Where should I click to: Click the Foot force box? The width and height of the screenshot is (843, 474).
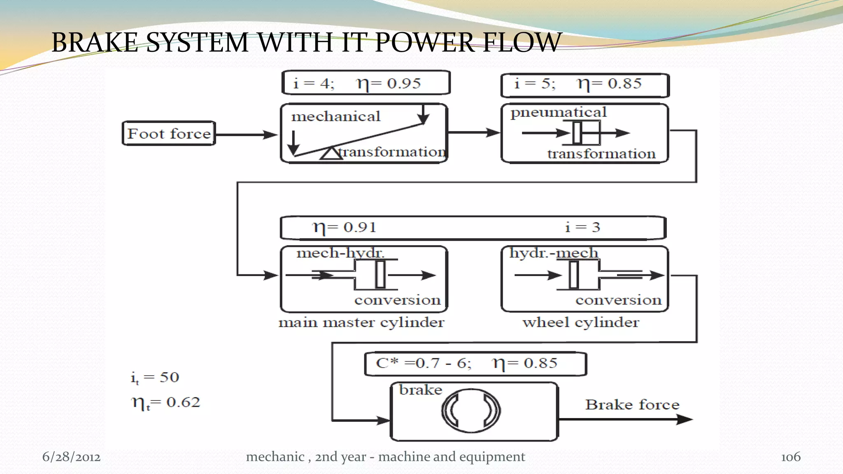click(x=169, y=133)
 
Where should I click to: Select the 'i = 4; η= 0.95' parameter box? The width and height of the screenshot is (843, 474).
click(x=366, y=83)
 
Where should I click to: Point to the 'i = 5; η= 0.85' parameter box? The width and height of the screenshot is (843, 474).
click(x=585, y=85)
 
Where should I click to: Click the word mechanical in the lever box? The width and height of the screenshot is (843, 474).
click(x=335, y=116)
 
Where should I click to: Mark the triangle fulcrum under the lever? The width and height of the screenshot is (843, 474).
click(x=331, y=153)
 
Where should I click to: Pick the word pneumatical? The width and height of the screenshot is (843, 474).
click(x=558, y=112)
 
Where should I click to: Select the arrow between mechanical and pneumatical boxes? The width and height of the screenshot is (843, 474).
click(x=473, y=132)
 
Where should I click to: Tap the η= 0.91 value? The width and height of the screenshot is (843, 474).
click(x=345, y=227)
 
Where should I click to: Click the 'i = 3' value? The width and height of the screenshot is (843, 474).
click(x=582, y=227)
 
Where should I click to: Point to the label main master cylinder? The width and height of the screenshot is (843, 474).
click(x=361, y=322)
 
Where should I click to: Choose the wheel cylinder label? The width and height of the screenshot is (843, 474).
click(x=580, y=322)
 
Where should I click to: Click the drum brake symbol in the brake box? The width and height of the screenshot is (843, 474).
click(x=470, y=411)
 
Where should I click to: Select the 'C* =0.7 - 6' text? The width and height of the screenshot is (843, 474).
click(x=423, y=363)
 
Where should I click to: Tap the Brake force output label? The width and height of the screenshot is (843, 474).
click(x=632, y=404)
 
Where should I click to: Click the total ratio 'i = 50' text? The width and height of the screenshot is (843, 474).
click(x=155, y=377)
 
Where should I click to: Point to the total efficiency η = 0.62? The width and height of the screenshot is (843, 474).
click(x=165, y=402)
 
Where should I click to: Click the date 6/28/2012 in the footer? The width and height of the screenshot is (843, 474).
click(x=71, y=457)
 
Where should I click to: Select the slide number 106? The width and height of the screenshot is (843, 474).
click(x=790, y=457)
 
